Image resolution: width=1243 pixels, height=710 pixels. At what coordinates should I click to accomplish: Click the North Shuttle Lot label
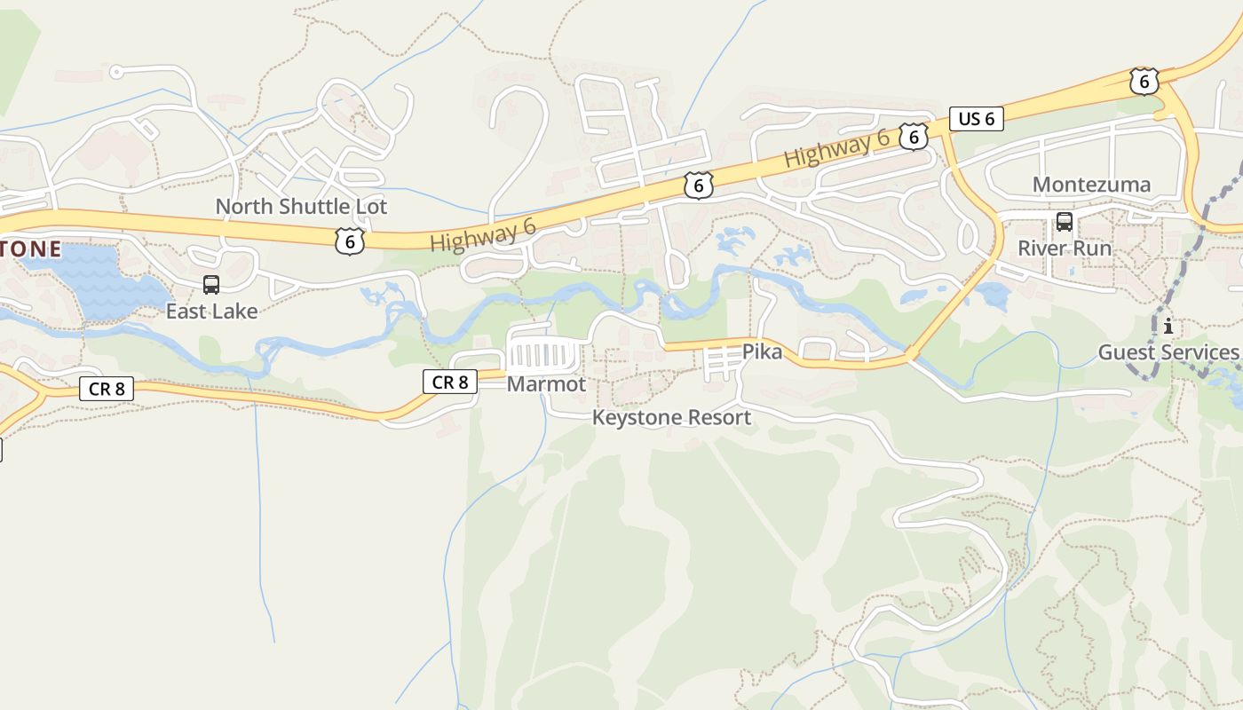[301, 207]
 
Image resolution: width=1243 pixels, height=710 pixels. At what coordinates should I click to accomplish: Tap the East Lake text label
[211, 311]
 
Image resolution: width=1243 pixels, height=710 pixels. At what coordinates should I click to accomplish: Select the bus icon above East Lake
[211, 285]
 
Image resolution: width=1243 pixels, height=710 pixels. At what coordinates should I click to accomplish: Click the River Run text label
[1064, 248]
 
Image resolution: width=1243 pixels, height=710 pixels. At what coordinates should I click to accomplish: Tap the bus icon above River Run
[1064, 222]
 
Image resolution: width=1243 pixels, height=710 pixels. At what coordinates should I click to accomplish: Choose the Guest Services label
[1168, 352]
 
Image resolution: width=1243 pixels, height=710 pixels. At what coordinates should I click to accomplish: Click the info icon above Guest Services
[1168, 326]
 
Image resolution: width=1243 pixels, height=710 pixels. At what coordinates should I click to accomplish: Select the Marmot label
[546, 384]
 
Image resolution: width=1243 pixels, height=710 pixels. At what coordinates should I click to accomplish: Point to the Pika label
[762, 352]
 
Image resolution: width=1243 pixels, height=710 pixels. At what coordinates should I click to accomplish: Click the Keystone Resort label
[671, 417]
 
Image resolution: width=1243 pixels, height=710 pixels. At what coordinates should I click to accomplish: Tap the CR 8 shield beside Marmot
[450, 383]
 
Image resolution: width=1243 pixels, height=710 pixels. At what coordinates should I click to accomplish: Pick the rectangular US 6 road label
[977, 119]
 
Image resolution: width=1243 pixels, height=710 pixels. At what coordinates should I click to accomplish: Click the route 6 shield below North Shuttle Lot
[350, 241]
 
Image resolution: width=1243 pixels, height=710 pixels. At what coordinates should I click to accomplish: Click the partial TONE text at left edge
[30, 249]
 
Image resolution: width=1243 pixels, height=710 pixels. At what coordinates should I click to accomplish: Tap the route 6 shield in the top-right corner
[1144, 82]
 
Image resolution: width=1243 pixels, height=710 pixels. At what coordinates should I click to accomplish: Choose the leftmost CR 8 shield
[107, 388]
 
